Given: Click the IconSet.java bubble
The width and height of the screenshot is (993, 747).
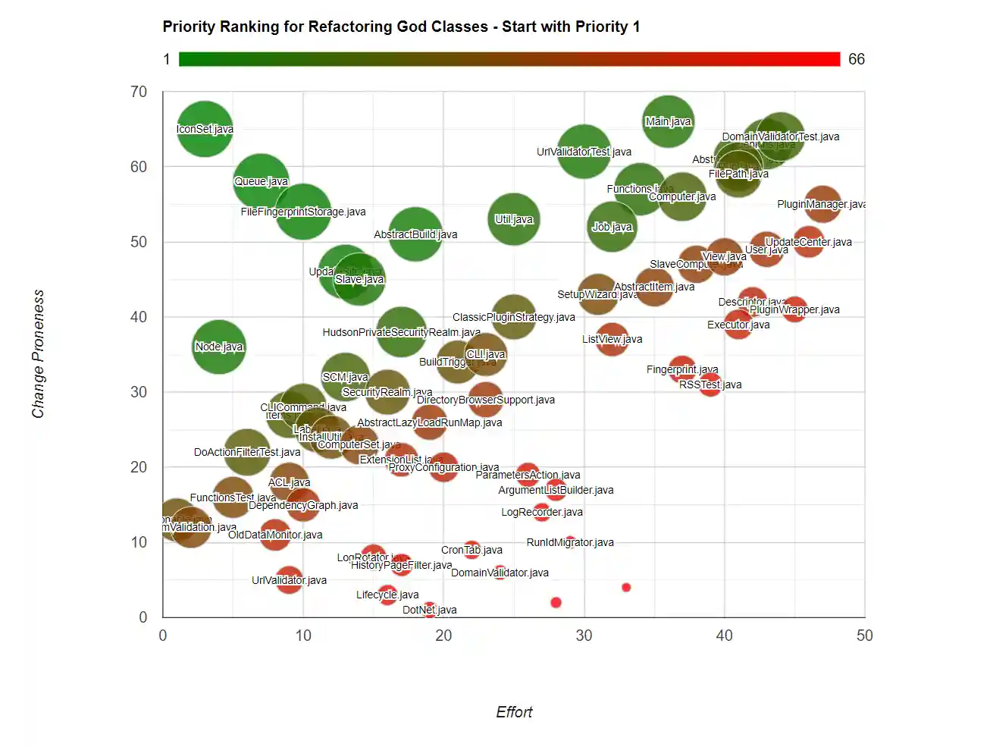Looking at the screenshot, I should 205,129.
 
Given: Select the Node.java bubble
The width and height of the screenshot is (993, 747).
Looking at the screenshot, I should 219,347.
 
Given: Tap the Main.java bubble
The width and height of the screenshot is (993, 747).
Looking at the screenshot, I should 668,121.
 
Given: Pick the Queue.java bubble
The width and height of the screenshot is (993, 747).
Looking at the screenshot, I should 261,181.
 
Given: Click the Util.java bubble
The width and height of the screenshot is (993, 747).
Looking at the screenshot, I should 514,219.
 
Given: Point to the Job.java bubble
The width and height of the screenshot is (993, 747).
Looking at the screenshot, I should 612,227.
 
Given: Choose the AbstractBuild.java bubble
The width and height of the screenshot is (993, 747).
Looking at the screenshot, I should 415,234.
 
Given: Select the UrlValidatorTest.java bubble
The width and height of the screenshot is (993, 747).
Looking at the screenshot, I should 584,152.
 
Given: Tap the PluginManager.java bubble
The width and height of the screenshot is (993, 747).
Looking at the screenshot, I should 822,204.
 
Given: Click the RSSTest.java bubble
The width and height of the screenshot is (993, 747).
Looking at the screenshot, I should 710,384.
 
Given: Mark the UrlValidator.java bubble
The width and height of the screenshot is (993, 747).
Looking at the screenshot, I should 289,580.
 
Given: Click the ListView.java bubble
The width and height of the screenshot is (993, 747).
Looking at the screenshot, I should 612,339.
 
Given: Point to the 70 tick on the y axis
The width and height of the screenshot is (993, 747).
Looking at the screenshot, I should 139,92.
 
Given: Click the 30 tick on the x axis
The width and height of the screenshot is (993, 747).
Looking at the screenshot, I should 584,636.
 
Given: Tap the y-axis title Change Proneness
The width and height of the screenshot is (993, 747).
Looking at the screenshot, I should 38,353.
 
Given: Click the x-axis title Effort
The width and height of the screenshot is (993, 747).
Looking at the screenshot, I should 514,712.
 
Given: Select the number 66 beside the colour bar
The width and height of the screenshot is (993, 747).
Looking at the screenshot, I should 857,59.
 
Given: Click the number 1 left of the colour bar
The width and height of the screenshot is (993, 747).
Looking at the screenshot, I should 167,59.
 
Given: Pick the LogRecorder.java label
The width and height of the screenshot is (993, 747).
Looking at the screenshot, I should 542,512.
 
